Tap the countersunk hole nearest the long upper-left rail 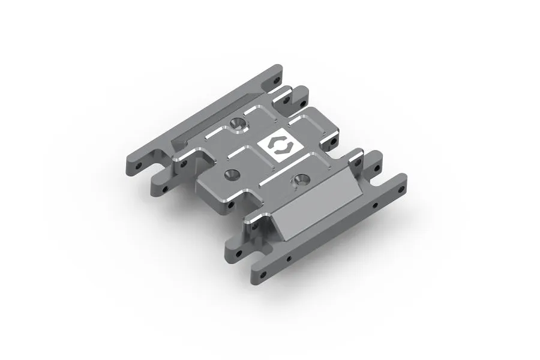(x=238, y=124)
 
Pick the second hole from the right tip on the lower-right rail (x=375, y=205)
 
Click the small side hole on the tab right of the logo (x=331, y=145)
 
